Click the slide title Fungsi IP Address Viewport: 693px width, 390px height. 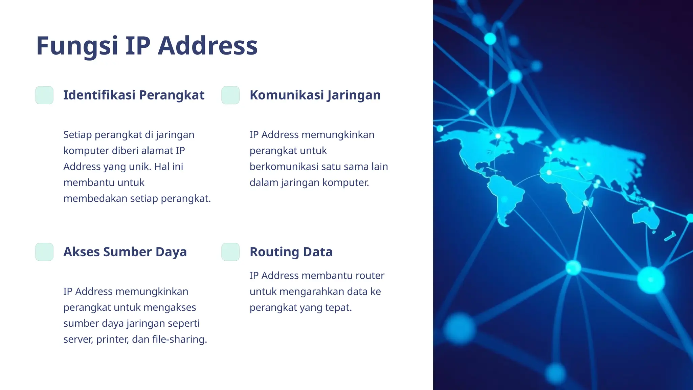coord(147,46)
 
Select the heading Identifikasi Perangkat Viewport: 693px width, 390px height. coord(134,95)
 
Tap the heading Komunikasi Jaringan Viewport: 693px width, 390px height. coord(315,95)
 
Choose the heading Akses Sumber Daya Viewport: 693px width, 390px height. coord(125,252)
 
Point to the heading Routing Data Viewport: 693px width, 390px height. coord(291,252)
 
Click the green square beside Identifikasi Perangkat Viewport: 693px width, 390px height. coord(44,95)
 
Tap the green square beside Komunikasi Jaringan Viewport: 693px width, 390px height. coord(230,95)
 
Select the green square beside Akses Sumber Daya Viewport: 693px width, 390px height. coord(44,252)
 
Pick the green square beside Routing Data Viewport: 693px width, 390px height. coord(230,252)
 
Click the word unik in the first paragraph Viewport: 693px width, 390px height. coord(139,167)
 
